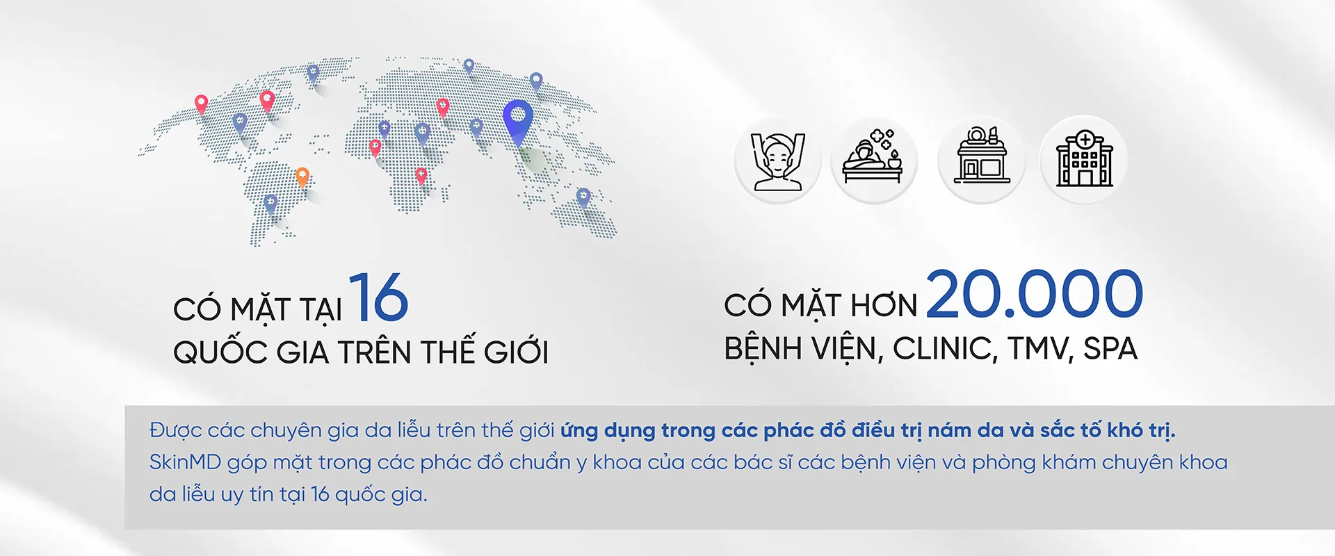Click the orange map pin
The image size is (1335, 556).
(x=302, y=177)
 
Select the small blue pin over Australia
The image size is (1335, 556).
(x=583, y=197)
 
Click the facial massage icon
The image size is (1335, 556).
(x=778, y=160)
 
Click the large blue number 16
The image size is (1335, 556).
(x=378, y=297)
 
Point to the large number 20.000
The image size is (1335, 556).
(x=1035, y=293)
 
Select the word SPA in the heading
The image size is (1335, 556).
(x=1110, y=349)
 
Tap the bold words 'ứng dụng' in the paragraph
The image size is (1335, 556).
(x=608, y=431)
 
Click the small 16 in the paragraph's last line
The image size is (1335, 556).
(x=320, y=494)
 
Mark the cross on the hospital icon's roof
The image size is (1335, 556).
(x=1085, y=139)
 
